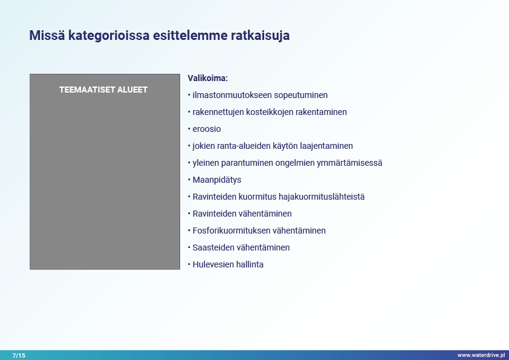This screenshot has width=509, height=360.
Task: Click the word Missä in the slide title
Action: click(x=47, y=36)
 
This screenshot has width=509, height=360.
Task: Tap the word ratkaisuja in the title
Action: click(x=260, y=36)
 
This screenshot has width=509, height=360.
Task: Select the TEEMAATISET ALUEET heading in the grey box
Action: click(x=103, y=90)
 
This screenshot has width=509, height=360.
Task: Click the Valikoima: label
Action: click(x=208, y=78)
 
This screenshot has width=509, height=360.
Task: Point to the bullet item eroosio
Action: click(x=207, y=129)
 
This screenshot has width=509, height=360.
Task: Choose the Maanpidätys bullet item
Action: click(x=217, y=180)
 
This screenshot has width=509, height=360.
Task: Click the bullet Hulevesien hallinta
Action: click(x=228, y=264)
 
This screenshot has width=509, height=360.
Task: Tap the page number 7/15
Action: click(x=19, y=355)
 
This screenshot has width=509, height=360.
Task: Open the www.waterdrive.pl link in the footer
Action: click(x=481, y=355)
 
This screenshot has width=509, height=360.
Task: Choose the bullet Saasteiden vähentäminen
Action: click(x=241, y=247)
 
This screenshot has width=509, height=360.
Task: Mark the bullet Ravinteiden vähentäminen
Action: click(x=242, y=214)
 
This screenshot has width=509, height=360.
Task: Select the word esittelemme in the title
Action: click(x=190, y=36)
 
